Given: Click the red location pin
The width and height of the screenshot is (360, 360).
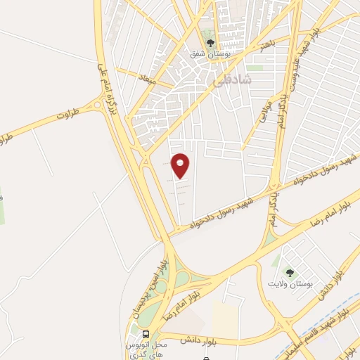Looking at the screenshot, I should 181,165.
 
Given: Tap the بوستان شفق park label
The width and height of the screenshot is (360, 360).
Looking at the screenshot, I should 210,53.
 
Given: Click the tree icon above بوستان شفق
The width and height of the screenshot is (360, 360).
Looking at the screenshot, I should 210,36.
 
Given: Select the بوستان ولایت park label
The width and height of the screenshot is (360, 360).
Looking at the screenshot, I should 289,284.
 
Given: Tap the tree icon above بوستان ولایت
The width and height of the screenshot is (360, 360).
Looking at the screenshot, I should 289,271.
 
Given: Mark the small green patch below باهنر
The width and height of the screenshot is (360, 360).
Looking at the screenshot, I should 255,69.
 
